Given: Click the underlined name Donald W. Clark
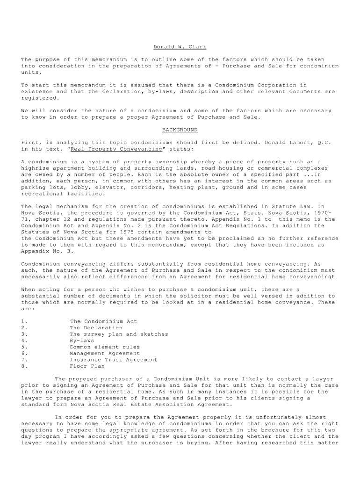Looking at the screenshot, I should [x=180, y=47].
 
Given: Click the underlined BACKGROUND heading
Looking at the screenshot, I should [x=180, y=130].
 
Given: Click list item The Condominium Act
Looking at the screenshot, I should [x=103, y=321].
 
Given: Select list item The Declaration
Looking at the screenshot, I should [x=96, y=328].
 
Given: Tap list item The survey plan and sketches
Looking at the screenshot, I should [x=119, y=334].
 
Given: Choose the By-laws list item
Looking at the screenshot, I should [x=82, y=341].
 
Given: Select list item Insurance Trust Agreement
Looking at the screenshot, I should [x=114, y=360].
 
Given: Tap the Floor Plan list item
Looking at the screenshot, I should [x=85, y=366].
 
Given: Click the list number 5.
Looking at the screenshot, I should [x=24, y=347].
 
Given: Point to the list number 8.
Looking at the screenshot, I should [x=24, y=366].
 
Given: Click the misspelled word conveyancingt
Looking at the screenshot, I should [x=312, y=276].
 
